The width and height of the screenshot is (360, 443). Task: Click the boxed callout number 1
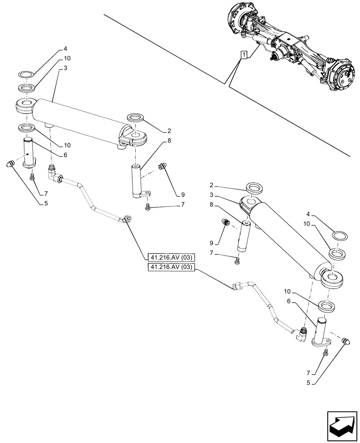[x=243, y=55]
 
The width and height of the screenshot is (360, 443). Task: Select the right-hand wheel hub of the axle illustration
[x=340, y=72]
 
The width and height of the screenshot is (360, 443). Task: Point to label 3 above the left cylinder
[x=65, y=68]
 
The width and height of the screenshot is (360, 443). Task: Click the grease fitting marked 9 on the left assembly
[x=162, y=167]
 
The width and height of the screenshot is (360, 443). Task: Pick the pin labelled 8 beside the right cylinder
[x=246, y=236]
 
